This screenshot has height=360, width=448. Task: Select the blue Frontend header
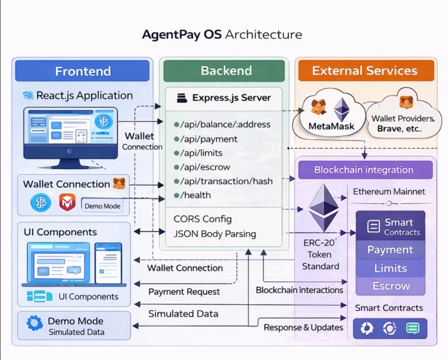point(82,71)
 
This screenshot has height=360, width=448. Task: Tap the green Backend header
point(226,71)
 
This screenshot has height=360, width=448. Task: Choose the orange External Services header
point(364,71)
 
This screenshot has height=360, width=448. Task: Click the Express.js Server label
point(231,98)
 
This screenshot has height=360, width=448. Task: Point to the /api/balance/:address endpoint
point(225,124)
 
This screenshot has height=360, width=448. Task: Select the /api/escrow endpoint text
point(205,167)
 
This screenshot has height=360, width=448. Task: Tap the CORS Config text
point(202,219)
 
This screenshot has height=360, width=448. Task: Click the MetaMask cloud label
point(332,126)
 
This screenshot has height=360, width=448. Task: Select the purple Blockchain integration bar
point(364,170)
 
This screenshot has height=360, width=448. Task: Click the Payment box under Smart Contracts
point(390,249)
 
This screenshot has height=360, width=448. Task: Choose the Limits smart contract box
point(390,268)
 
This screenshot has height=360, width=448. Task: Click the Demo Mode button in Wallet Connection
point(102,205)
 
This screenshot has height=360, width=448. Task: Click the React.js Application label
point(84,95)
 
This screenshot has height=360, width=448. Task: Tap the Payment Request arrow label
point(184,292)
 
